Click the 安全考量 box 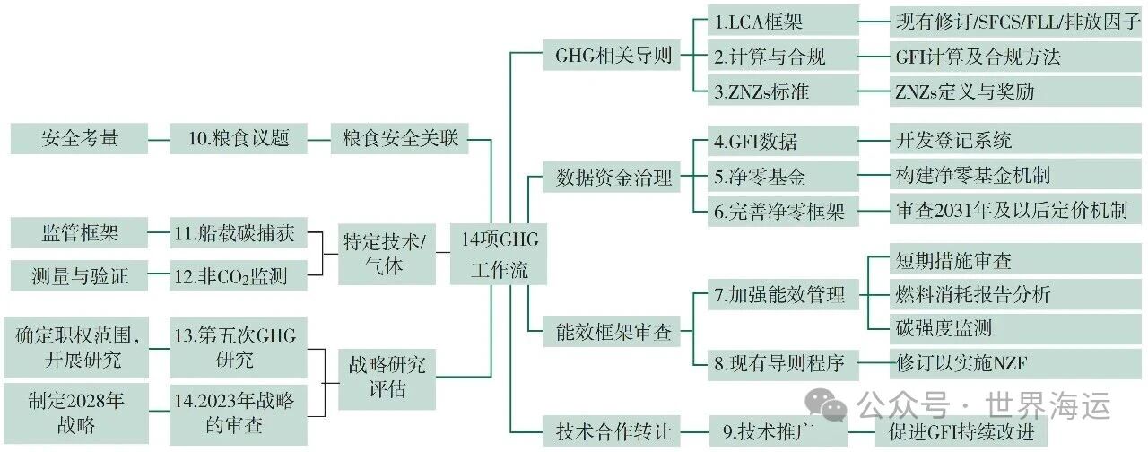tap(80, 139)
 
